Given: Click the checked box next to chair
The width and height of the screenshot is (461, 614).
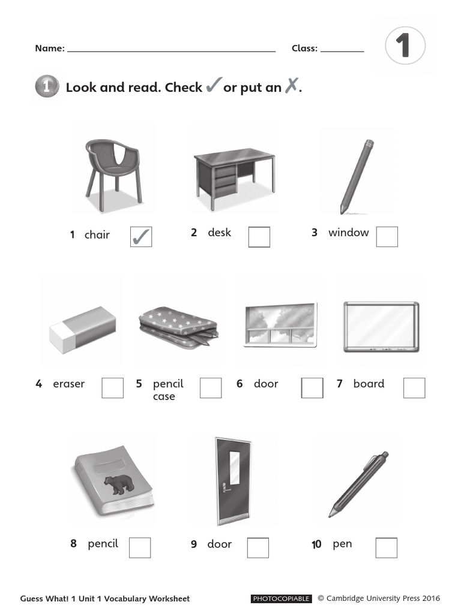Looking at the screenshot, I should (x=141, y=237).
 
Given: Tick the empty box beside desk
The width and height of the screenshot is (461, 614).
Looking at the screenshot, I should (x=259, y=237).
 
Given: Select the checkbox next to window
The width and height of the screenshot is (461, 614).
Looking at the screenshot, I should (x=387, y=237).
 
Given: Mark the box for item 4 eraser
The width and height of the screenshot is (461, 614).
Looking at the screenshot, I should (x=113, y=388).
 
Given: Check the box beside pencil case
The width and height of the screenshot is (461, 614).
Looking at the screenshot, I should (x=211, y=388).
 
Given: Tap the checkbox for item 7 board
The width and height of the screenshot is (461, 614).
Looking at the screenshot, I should (x=414, y=388).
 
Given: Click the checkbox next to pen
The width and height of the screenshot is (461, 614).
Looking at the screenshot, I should (x=387, y=547).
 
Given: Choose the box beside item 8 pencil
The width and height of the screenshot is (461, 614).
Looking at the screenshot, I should (x=140, y=547).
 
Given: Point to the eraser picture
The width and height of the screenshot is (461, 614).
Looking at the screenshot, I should (x=82, y=329).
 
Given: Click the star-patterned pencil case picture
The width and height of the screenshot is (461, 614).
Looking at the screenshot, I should (x=178, y=327).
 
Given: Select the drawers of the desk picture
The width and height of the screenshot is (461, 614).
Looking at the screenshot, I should (x=225, y=180).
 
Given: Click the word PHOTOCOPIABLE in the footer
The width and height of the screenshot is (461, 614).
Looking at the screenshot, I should (x=282, y=598).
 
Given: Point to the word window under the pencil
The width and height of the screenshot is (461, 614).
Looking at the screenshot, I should (x=348, y=233).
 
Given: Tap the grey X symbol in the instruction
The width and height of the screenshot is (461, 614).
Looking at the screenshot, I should (x=291, y=86).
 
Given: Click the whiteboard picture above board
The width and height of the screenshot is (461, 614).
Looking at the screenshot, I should (x=381, y=327).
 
